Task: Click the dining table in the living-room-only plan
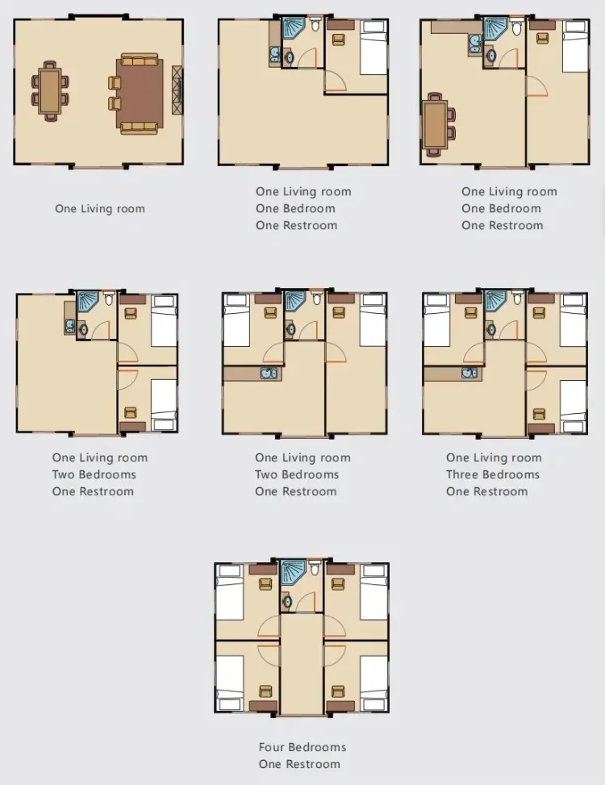[50, 91]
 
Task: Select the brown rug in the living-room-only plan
[140, 94]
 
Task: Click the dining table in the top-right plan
[435, 125]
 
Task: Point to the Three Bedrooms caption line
[493, 474]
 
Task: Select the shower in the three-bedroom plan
[495, 302]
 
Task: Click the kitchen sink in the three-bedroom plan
[469, 373]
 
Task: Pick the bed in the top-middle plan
[373, 48]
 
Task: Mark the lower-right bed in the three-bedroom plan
[573, 406]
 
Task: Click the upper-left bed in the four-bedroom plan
[230, 593]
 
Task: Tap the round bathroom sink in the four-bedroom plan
[287, 601]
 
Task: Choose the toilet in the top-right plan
[517, 27]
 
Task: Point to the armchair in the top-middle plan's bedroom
[339, 39]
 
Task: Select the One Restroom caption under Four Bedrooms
[299, 764]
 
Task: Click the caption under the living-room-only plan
[99, 209]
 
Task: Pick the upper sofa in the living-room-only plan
[140, 61]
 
